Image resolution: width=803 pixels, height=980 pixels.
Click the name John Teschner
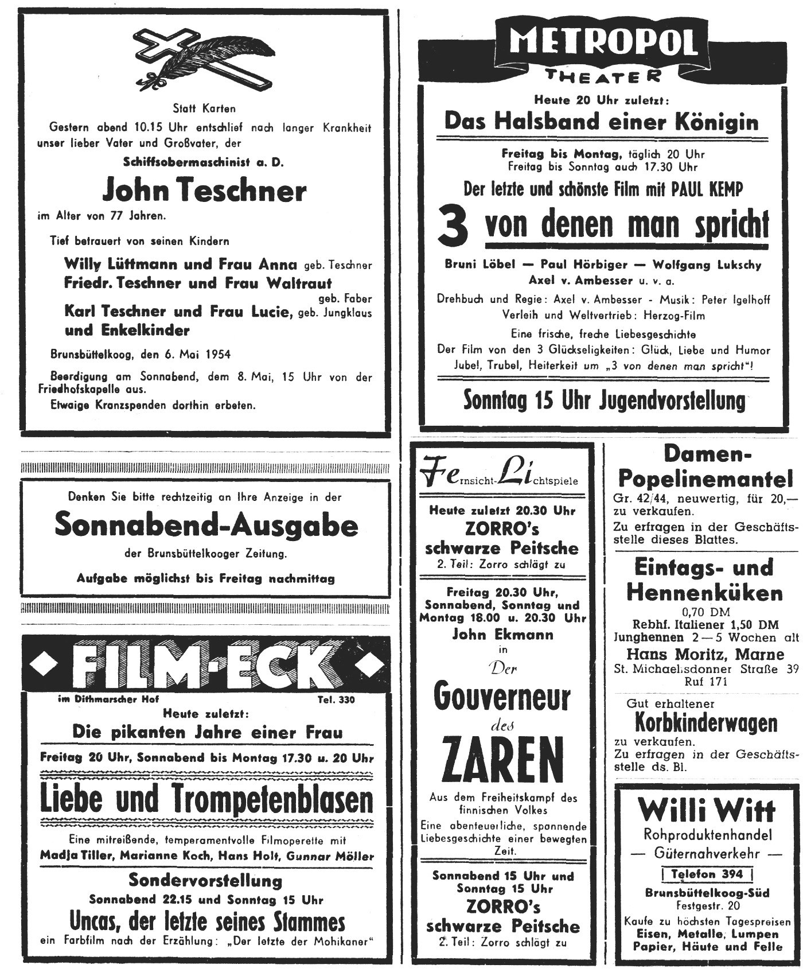click(204, 190)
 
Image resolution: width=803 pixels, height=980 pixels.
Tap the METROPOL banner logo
click(602, 44)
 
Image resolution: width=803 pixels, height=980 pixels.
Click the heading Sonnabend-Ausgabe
click(206, 524)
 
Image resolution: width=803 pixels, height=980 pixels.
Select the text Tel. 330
click(336, 699)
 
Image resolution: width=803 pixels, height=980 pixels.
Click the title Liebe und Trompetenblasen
click(206, 799)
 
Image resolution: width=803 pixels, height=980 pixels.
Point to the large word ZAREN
click(502, 761)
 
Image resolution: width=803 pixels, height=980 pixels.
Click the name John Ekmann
click(502, 635)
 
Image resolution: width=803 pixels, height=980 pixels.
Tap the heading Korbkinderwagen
click(706, 723)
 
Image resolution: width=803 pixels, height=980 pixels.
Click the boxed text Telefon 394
click(707, 874)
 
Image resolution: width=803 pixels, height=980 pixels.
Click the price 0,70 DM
click(705, 612)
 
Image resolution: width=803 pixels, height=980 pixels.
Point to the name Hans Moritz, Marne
click(705, 654)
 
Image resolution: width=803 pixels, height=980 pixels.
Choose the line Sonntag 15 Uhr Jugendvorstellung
click(605, 400)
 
